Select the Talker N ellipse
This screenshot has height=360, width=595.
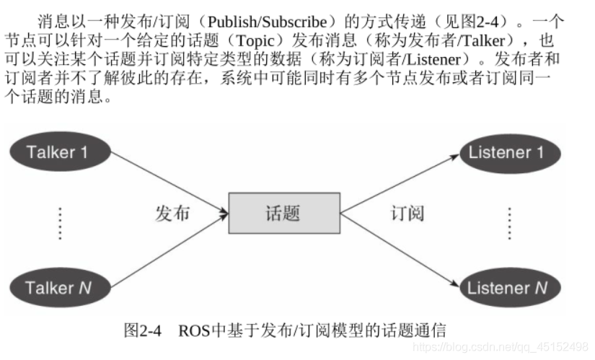(58, 287)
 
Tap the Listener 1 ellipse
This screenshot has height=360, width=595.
(506, 152)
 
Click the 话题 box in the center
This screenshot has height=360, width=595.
(283, 213)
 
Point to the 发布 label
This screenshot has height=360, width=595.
(173, 214)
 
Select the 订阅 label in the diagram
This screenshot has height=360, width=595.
(407, 214)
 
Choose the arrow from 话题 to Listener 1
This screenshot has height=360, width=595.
(400, 183)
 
